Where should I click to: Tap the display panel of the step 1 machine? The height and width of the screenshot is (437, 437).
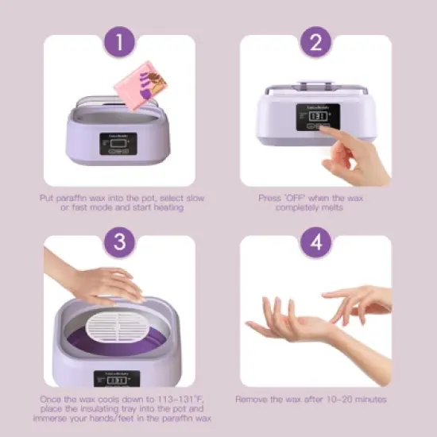pyautogui.click(x=119, y=144)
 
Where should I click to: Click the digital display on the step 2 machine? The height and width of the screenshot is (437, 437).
pyautogui.click(x=318, y=117)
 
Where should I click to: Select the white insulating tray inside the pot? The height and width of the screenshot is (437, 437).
pyautogui.click(x=122, y=319)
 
